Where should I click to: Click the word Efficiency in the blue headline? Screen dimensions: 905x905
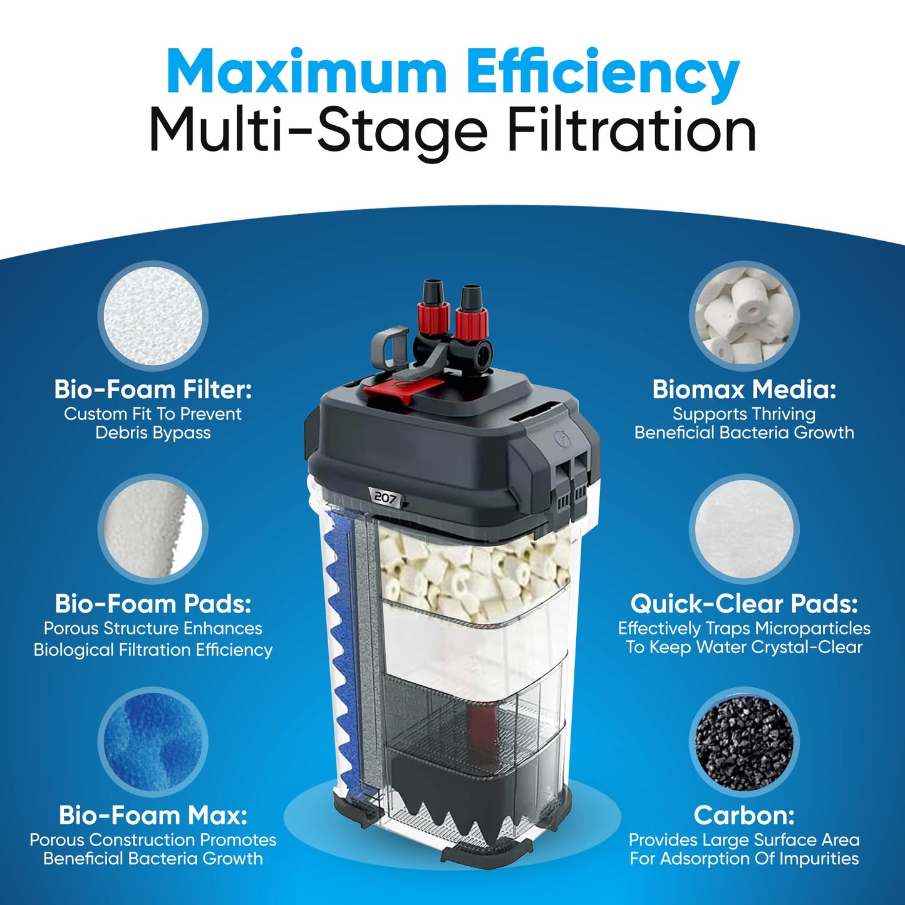click(x=603, y=73)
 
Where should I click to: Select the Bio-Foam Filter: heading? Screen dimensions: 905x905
click(x=153, y=390)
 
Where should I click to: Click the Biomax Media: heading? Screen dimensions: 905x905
click(x=744, y=390)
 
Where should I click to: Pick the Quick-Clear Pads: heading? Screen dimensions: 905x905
click(x=744, y=604)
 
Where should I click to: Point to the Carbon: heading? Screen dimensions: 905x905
click(x=744, y=815)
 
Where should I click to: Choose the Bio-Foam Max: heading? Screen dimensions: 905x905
click(x=153, y=815)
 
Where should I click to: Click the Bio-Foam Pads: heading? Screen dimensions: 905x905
click(x=153, y=604)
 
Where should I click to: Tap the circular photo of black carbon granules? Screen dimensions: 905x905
click(x=744, y=743)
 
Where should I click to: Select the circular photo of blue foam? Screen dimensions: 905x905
click(x=153, y=743)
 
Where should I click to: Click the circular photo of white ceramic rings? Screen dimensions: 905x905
click(x=744, y=316)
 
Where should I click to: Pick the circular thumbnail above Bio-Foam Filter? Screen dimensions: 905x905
click(x=153, y=316)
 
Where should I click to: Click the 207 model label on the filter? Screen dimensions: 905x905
click(x=385, y=497)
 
